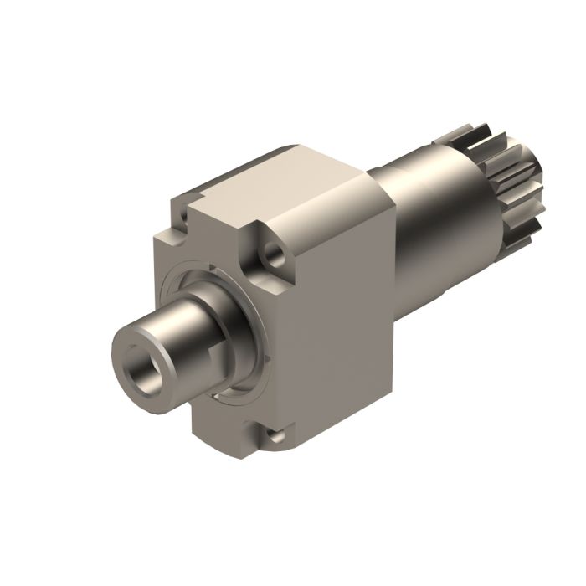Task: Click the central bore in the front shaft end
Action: (140, 368)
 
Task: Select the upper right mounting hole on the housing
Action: (270, 250)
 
